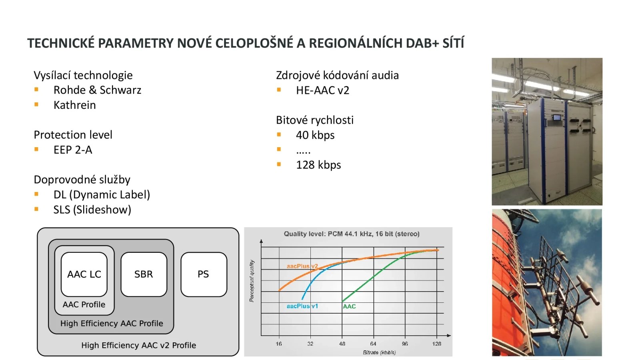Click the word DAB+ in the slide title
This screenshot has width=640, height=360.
coord(423,43)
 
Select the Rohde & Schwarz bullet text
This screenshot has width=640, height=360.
coord(97,90)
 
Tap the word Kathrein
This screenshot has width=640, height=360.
coord(74,105)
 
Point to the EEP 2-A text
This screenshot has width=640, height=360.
coord(73,150)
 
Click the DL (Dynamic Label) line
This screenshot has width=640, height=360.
coord(102,194)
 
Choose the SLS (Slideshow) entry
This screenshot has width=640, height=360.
coord(92,210)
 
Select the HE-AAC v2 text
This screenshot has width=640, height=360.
coord(322,90)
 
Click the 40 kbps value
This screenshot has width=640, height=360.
coord(315,135)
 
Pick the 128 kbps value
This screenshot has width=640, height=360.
coord(318,165)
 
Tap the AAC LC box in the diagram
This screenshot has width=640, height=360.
coord(84,274)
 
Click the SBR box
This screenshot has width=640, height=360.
coord(144,274)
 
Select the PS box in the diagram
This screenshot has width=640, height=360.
coord(204,274)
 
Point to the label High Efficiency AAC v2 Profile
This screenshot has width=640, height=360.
coord(138,345)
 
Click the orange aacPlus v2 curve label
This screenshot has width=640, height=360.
coord(302,266)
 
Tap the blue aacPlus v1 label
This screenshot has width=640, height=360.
coord(302,306)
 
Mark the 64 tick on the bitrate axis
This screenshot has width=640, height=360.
coord(373,344)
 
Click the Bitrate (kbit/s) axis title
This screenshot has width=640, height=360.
coord(379,352)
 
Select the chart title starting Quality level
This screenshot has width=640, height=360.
coord(352,234)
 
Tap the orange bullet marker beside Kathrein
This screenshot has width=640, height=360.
coord(36,104)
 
